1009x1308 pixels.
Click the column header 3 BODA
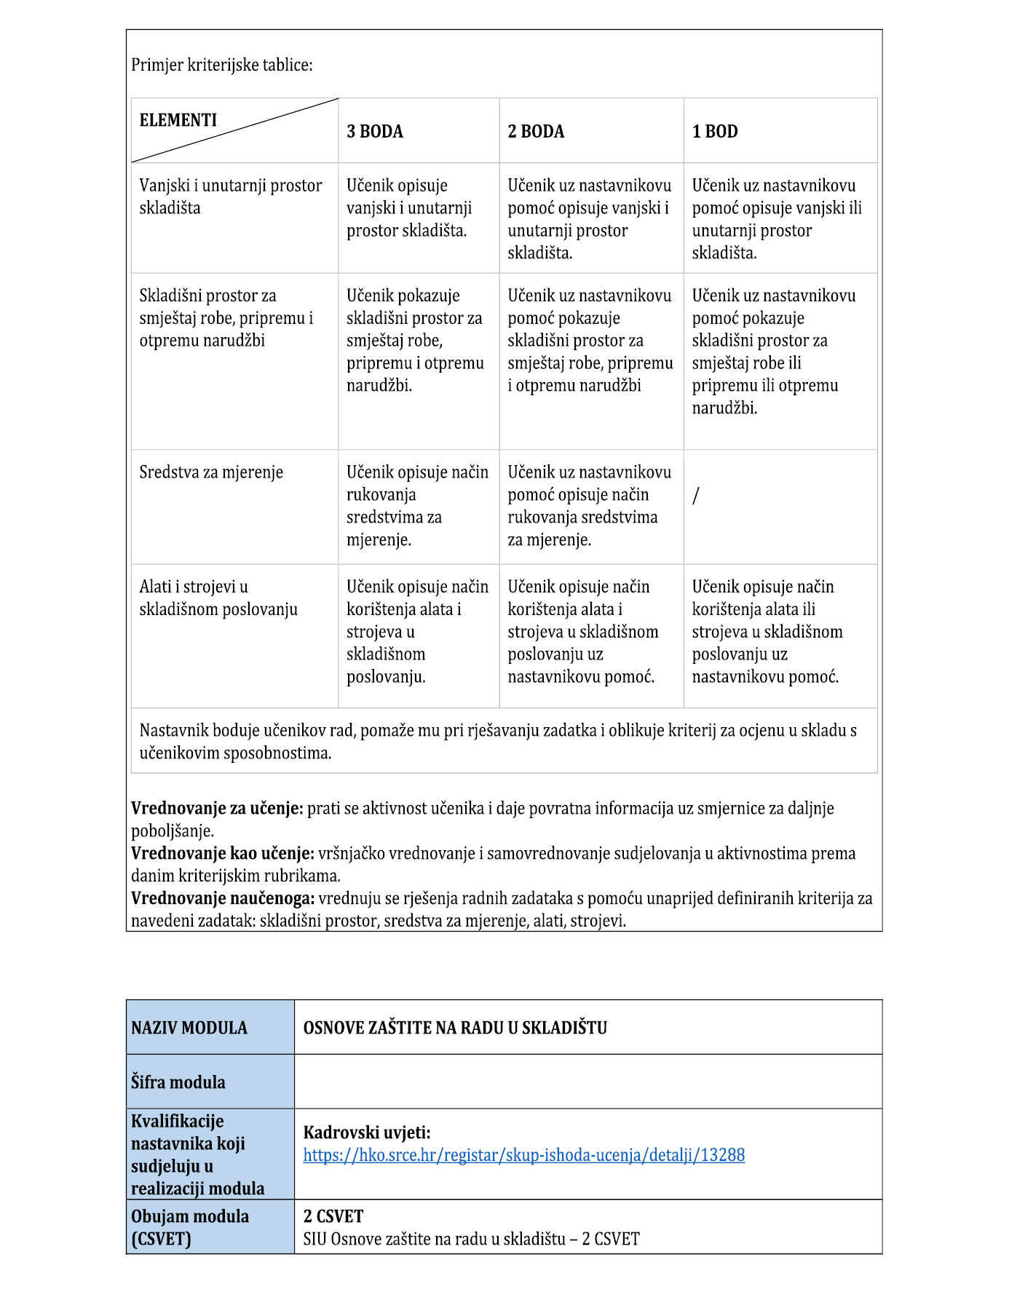point(375,132)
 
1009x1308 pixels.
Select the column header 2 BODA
point(536,132)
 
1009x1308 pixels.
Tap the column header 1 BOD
point(715,132)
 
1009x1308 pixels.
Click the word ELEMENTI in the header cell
point(178,120)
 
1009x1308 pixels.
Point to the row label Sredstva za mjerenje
point(211,472)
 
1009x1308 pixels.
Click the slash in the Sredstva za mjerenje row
point(696,496)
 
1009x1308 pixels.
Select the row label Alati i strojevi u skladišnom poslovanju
point(218,598)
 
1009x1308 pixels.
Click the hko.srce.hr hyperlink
point(523,1155)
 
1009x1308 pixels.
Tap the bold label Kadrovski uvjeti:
point(367,1133)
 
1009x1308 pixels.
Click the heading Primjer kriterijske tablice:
point(222,65)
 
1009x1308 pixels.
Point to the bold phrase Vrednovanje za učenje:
point(217,809)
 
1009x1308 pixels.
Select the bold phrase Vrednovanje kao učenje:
point(223,854)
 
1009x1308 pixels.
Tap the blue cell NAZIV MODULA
point(189,1028)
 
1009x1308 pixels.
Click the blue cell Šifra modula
point(178,1082)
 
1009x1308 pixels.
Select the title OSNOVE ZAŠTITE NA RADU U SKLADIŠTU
point(455,1028)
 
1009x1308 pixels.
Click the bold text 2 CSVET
point(333,1216)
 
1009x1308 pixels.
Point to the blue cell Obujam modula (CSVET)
point(190,1227)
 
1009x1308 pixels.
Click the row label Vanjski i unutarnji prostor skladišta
point(230,197)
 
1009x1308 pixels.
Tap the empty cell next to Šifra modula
point(588,1082)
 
